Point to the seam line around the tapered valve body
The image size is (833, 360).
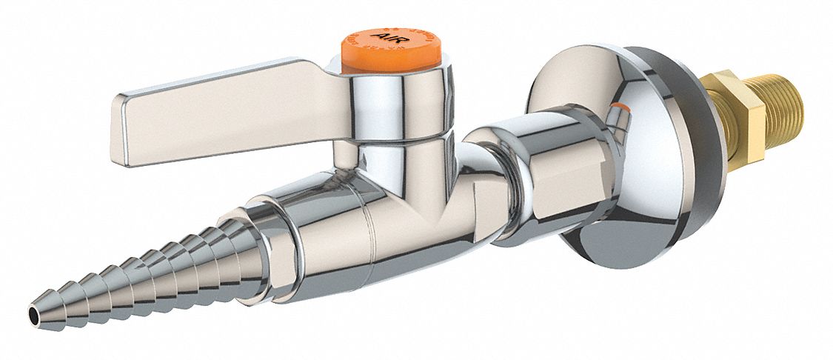click(x=370, y=237)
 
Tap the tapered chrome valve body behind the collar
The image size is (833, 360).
click(x=333, y=237)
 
